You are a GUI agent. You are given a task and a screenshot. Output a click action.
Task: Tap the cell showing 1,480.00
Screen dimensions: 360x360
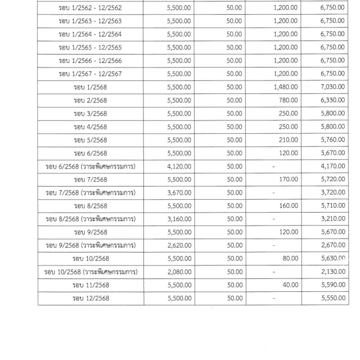point(284,87)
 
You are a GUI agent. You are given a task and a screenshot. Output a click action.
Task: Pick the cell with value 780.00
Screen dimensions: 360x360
point(287,100)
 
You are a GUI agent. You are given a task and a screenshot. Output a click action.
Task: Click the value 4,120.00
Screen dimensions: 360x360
point(179,166)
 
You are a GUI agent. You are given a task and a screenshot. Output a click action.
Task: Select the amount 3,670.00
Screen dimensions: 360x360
point(179,192)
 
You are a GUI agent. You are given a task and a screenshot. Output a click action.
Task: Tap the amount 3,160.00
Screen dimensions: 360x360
point(179,219)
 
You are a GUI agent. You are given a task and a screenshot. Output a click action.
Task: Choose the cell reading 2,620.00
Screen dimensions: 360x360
point(179,245)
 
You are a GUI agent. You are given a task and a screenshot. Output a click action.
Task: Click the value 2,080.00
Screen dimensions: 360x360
point(179,272)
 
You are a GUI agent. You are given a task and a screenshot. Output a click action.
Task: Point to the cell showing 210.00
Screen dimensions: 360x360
point(287,139)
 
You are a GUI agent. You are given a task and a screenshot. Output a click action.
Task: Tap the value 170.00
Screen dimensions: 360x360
point(287,179)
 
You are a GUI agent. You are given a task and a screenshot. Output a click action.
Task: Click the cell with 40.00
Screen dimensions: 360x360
point(289,285)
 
